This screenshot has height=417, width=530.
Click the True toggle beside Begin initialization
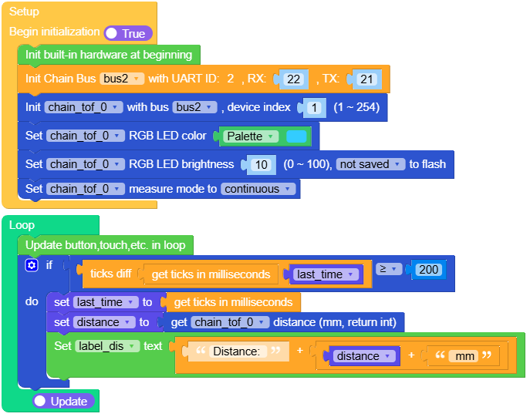point(128,33)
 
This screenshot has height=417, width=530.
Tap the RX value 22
point(293,79)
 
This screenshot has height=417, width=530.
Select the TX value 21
point(366,79)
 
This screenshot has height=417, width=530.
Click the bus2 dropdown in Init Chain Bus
point(123,79)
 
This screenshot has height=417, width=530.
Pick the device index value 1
point(315,107)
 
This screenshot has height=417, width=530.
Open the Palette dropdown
point(251,136)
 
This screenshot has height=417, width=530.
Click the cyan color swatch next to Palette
point(296,136)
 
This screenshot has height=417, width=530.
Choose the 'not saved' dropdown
point(370,164)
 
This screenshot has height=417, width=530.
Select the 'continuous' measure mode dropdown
point(258,188)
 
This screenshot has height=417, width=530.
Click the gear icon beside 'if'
point(32,265)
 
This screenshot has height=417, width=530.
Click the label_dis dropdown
point(107,346)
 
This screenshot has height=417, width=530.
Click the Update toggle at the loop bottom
point(63,402)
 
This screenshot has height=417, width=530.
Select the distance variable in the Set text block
point(363,356)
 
